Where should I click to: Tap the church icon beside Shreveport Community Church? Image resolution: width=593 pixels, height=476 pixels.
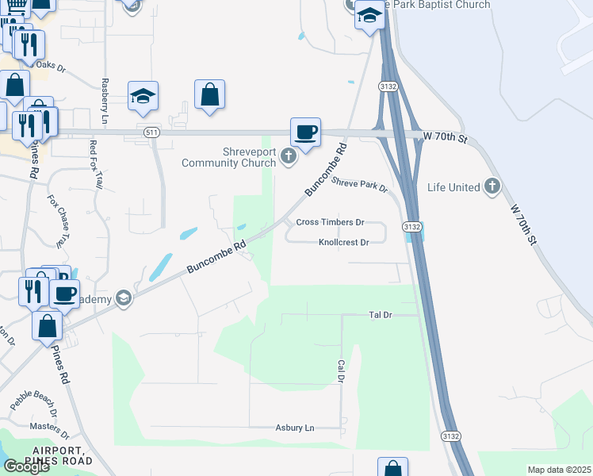point(289,156)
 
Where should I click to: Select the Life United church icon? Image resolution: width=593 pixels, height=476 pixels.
point(492,187)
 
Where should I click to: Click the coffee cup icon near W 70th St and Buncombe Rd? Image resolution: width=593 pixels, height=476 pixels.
point(305,131)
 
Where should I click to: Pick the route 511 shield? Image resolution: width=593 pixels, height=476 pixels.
point(151,133)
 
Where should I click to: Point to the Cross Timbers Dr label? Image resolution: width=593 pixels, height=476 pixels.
point(330,223)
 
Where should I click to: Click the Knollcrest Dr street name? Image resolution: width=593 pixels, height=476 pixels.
point(344,242)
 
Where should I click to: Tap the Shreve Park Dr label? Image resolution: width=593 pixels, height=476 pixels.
point(359,185)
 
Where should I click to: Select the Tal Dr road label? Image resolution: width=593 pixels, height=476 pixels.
point(381,315)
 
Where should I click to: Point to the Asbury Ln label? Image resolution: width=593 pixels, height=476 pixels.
point(295,428)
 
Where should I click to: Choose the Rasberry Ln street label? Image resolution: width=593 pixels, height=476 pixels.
point(105,101)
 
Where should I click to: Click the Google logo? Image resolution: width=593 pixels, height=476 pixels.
point(26,466)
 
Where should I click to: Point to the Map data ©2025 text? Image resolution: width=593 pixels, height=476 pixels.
point(559,470)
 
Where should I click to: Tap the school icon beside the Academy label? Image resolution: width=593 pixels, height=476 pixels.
point(123,298)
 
